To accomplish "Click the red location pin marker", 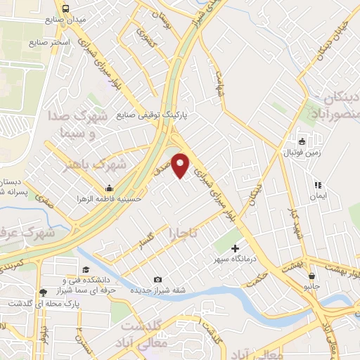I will coord(181,165).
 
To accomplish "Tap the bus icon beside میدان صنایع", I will coord(65,9).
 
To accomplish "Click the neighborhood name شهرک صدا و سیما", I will coord(78,123).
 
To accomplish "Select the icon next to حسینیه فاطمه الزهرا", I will coord(109,188).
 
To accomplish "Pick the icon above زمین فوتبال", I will coord(302,141).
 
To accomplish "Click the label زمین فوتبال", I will coord(302,152).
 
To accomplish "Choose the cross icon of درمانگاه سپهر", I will coord(235,247).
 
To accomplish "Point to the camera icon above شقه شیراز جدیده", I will coord(157,279).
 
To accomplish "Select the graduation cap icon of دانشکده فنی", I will coord(86,271).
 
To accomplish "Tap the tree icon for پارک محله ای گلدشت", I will coord(44,292).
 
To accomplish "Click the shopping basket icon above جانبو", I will coord(311,276).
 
